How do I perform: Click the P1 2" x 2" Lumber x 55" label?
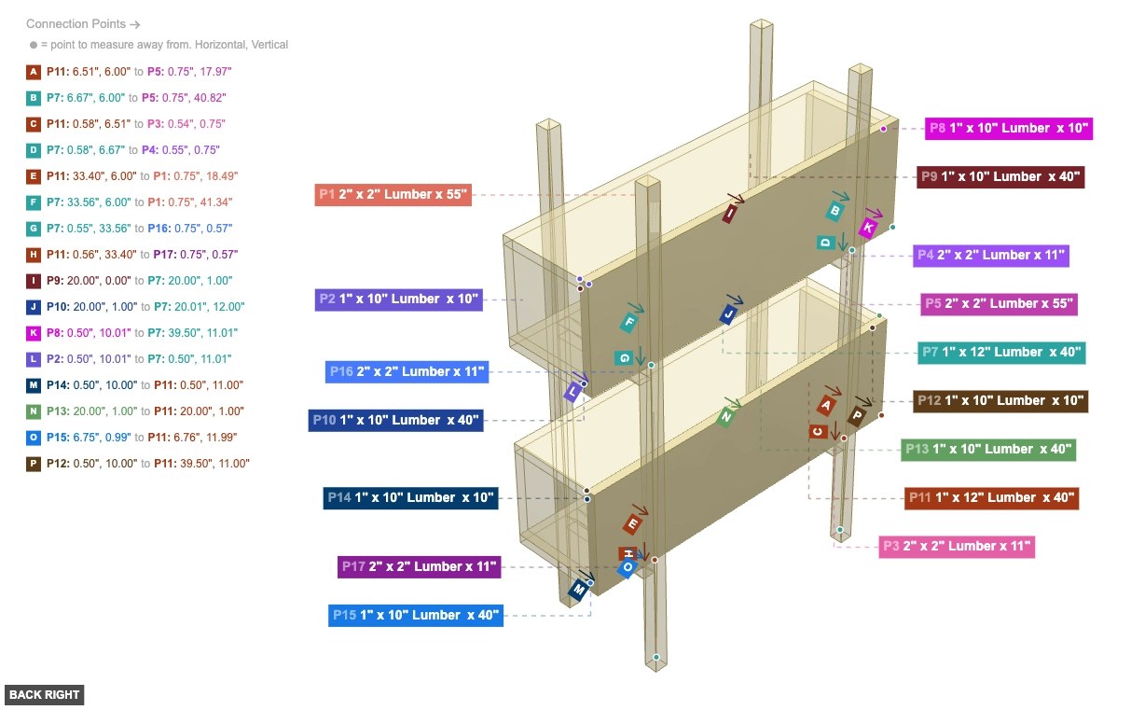392,194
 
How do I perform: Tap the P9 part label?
1000,176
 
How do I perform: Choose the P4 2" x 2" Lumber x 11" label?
990,255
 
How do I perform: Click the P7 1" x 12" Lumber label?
1000,352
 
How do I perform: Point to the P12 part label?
1000,400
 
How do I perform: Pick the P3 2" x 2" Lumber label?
957,546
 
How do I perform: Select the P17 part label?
420,566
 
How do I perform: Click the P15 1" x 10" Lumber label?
416,615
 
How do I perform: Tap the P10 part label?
396,420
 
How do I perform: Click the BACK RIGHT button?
44,694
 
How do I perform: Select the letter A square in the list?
34,71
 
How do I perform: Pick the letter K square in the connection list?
34,332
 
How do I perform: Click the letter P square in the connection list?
34,463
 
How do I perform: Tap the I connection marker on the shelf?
730,214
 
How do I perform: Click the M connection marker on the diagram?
580,590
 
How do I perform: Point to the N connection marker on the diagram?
725,417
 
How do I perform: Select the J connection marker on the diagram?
728,314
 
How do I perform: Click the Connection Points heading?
83,23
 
